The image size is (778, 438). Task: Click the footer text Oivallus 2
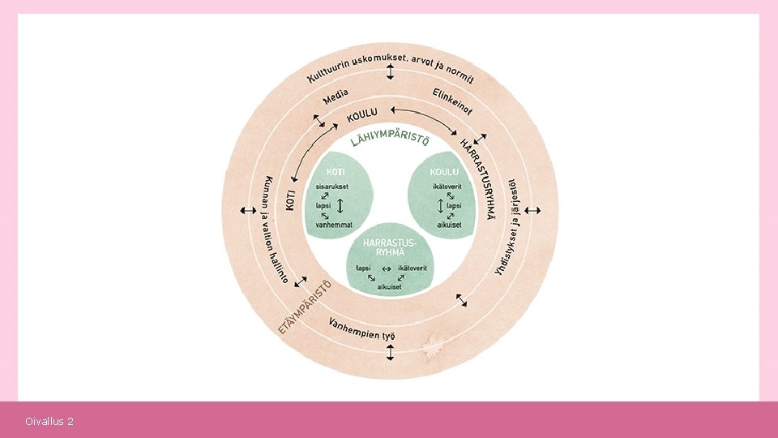49,422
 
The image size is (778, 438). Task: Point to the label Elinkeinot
452,101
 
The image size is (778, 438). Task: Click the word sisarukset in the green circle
331,187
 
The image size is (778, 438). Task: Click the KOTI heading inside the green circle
336,172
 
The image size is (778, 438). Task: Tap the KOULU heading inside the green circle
444,172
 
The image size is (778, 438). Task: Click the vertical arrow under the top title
390,73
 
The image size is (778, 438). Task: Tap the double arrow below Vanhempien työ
390,352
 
